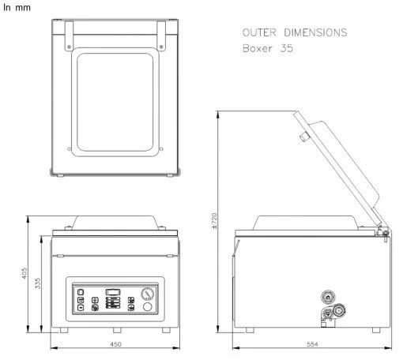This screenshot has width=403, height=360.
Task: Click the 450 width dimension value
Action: pyautogui.click(x=115, y=344)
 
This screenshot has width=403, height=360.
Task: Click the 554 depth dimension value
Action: pyautogui.click(x=312, y=344)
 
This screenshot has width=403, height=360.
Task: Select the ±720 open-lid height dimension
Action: pyautogui.click(x=214, y=220)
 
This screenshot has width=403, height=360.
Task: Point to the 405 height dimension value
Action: pyautogui.click(x=24, y=273)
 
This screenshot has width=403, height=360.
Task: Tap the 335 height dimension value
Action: pyautogui.click(x=38, y=283)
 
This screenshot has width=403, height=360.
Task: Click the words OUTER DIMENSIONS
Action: pyautogui.click(x=295, y=32)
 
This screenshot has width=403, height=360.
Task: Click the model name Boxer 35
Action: pyautogui.click(x=268, y=48)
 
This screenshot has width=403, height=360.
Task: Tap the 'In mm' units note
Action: pyautogui.click(x=17, y=7)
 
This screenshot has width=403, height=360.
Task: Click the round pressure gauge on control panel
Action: pyautogui.click(x=148, y=294)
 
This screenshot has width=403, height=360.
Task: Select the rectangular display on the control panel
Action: pyautogui.click(x=113, y=292)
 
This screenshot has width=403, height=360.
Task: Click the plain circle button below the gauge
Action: pyautogui.click(x=147, y=306)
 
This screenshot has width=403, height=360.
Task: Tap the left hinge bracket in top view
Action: pyautogui.click(x=69, y=36)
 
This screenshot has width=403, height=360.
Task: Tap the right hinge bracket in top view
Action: pyautogui.click(x=161, y=36)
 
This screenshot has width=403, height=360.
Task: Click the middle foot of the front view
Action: pyautogui.click(x=117, y=330)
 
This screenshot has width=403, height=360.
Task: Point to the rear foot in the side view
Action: pyautogui.click(x=376, y=330)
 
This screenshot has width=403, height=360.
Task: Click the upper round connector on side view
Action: pyautogui.click(x=328, y=297)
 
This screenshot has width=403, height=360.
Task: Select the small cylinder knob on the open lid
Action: pyautogui.click(x=304, y=137)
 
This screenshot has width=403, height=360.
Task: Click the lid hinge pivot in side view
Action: pyautogui.click(x=385, y=232)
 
